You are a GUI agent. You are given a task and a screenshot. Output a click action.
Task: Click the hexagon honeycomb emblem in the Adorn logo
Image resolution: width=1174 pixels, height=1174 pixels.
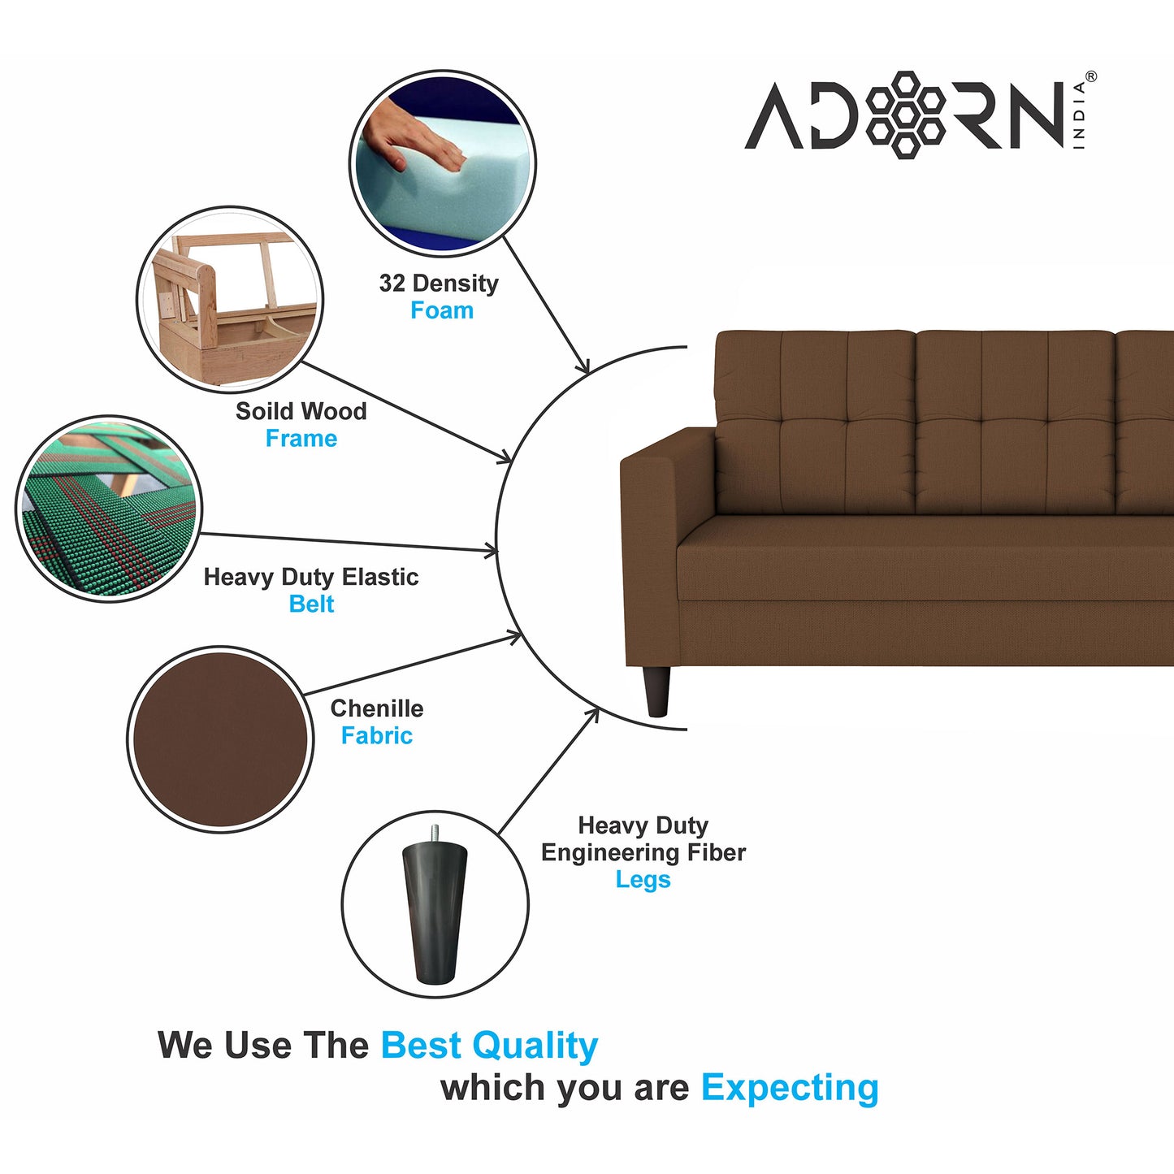coord(905,115)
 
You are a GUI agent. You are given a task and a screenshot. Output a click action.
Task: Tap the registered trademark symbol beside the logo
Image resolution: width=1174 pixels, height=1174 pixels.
coord(1091,76)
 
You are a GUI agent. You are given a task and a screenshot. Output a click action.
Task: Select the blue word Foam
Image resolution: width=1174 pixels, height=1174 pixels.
coord(442,310)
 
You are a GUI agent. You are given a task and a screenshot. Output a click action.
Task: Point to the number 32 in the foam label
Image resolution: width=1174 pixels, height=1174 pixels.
coord(392,283)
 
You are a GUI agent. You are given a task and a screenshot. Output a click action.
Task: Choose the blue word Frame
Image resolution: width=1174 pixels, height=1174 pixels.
coord(301,438)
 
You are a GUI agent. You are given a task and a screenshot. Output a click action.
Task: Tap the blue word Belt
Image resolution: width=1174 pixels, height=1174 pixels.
coord(311,604)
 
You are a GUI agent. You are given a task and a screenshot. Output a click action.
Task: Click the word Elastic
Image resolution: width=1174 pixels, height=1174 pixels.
coord(380,577)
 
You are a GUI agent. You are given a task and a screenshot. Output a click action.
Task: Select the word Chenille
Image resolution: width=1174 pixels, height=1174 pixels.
coord(376,708)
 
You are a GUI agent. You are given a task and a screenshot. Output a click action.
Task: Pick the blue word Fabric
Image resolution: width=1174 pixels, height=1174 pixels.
coord(376,735)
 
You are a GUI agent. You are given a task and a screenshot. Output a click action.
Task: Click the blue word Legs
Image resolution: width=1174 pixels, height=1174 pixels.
coord(643,880)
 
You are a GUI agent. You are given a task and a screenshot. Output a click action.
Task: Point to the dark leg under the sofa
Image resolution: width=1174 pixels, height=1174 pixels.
coord(656,691)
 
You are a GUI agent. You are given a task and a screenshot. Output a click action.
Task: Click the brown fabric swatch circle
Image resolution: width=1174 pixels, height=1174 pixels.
coord(220,739)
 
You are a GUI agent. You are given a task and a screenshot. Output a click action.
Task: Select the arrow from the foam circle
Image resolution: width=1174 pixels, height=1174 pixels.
coord(546,305)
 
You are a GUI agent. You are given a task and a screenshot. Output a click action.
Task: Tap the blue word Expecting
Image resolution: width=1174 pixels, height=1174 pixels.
coord(790,1090)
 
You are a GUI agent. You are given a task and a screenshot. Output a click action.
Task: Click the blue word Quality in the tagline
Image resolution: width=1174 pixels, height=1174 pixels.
coord(535,1046)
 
